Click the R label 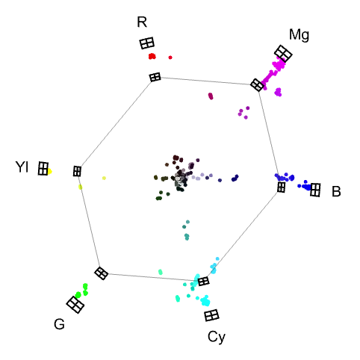coord(142,22)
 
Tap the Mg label coord(299,34)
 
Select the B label coord(336,191)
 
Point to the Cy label coord(217,337)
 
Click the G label coord(59,324)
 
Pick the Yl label coord(22,167)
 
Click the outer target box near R coord(146,43)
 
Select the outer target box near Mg coord(283,54)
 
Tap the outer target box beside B coord(315,190)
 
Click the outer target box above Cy coord(211,315)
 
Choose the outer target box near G coord(75,305)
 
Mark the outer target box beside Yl coord(43,169)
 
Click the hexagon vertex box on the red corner coord(155,77)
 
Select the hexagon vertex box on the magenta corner coord(257,85)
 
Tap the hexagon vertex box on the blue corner coord(282,187)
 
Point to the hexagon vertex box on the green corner coord(102,273)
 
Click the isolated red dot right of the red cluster coord(170,58)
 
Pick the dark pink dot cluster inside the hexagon coord(211,96)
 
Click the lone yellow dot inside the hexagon coord(104,178)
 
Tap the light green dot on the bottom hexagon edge coord(161,272)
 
